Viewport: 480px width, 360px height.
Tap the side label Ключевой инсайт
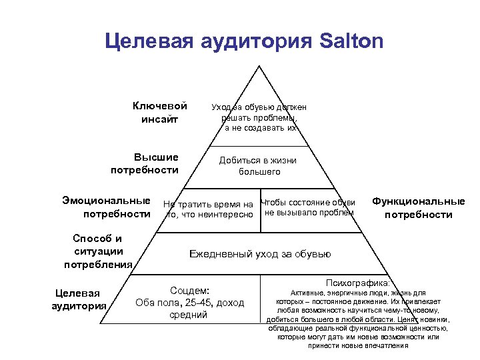click(x=159, y=113)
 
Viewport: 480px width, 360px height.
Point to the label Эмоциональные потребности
click(x=107, y=207)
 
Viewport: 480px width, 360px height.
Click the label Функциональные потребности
click(x=419, y=207)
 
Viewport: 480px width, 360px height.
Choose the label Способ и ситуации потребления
click(x=98, y=251)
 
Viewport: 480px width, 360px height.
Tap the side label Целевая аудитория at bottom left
click(x=79, y=299)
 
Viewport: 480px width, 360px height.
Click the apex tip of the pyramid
click(x=259, y=65)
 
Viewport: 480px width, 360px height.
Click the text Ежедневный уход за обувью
click(x=260, y=254)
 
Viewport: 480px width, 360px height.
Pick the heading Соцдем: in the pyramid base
click(x=190, y=291)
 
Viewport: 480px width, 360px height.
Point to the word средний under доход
click(x=190, y=315)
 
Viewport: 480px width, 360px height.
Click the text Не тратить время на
click(x=209, y=203)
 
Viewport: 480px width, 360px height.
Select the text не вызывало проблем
click(x=309, y=213)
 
